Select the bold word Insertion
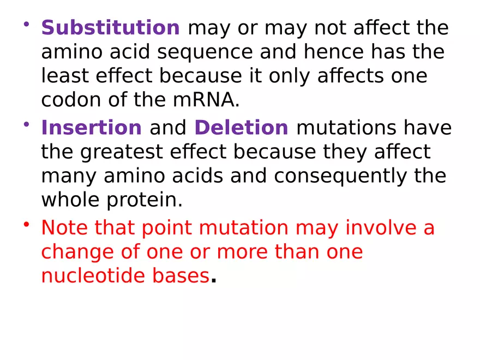coord(92,128)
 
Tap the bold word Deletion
coord(241,128)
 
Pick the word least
coord(62,76)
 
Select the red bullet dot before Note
coord(26,225)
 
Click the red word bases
coord(179,276)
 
